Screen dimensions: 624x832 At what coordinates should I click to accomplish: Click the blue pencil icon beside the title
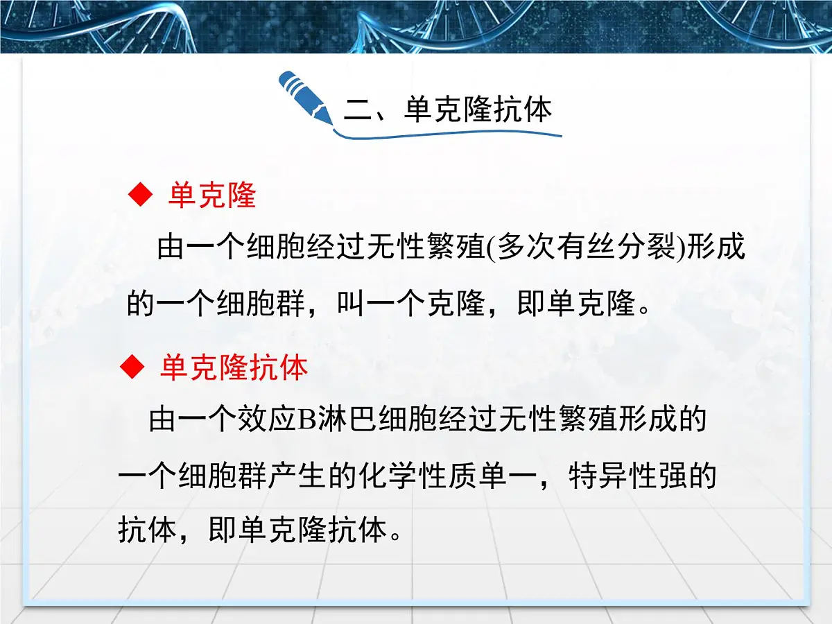pos(305,97)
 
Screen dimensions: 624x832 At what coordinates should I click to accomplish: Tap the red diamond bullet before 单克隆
pos(140,197)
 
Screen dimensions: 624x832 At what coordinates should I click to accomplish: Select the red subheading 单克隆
pos(212,197)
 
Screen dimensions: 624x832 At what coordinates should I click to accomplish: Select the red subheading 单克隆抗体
pos(234,368)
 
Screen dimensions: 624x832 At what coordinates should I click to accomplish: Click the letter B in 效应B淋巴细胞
pos(306,421)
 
